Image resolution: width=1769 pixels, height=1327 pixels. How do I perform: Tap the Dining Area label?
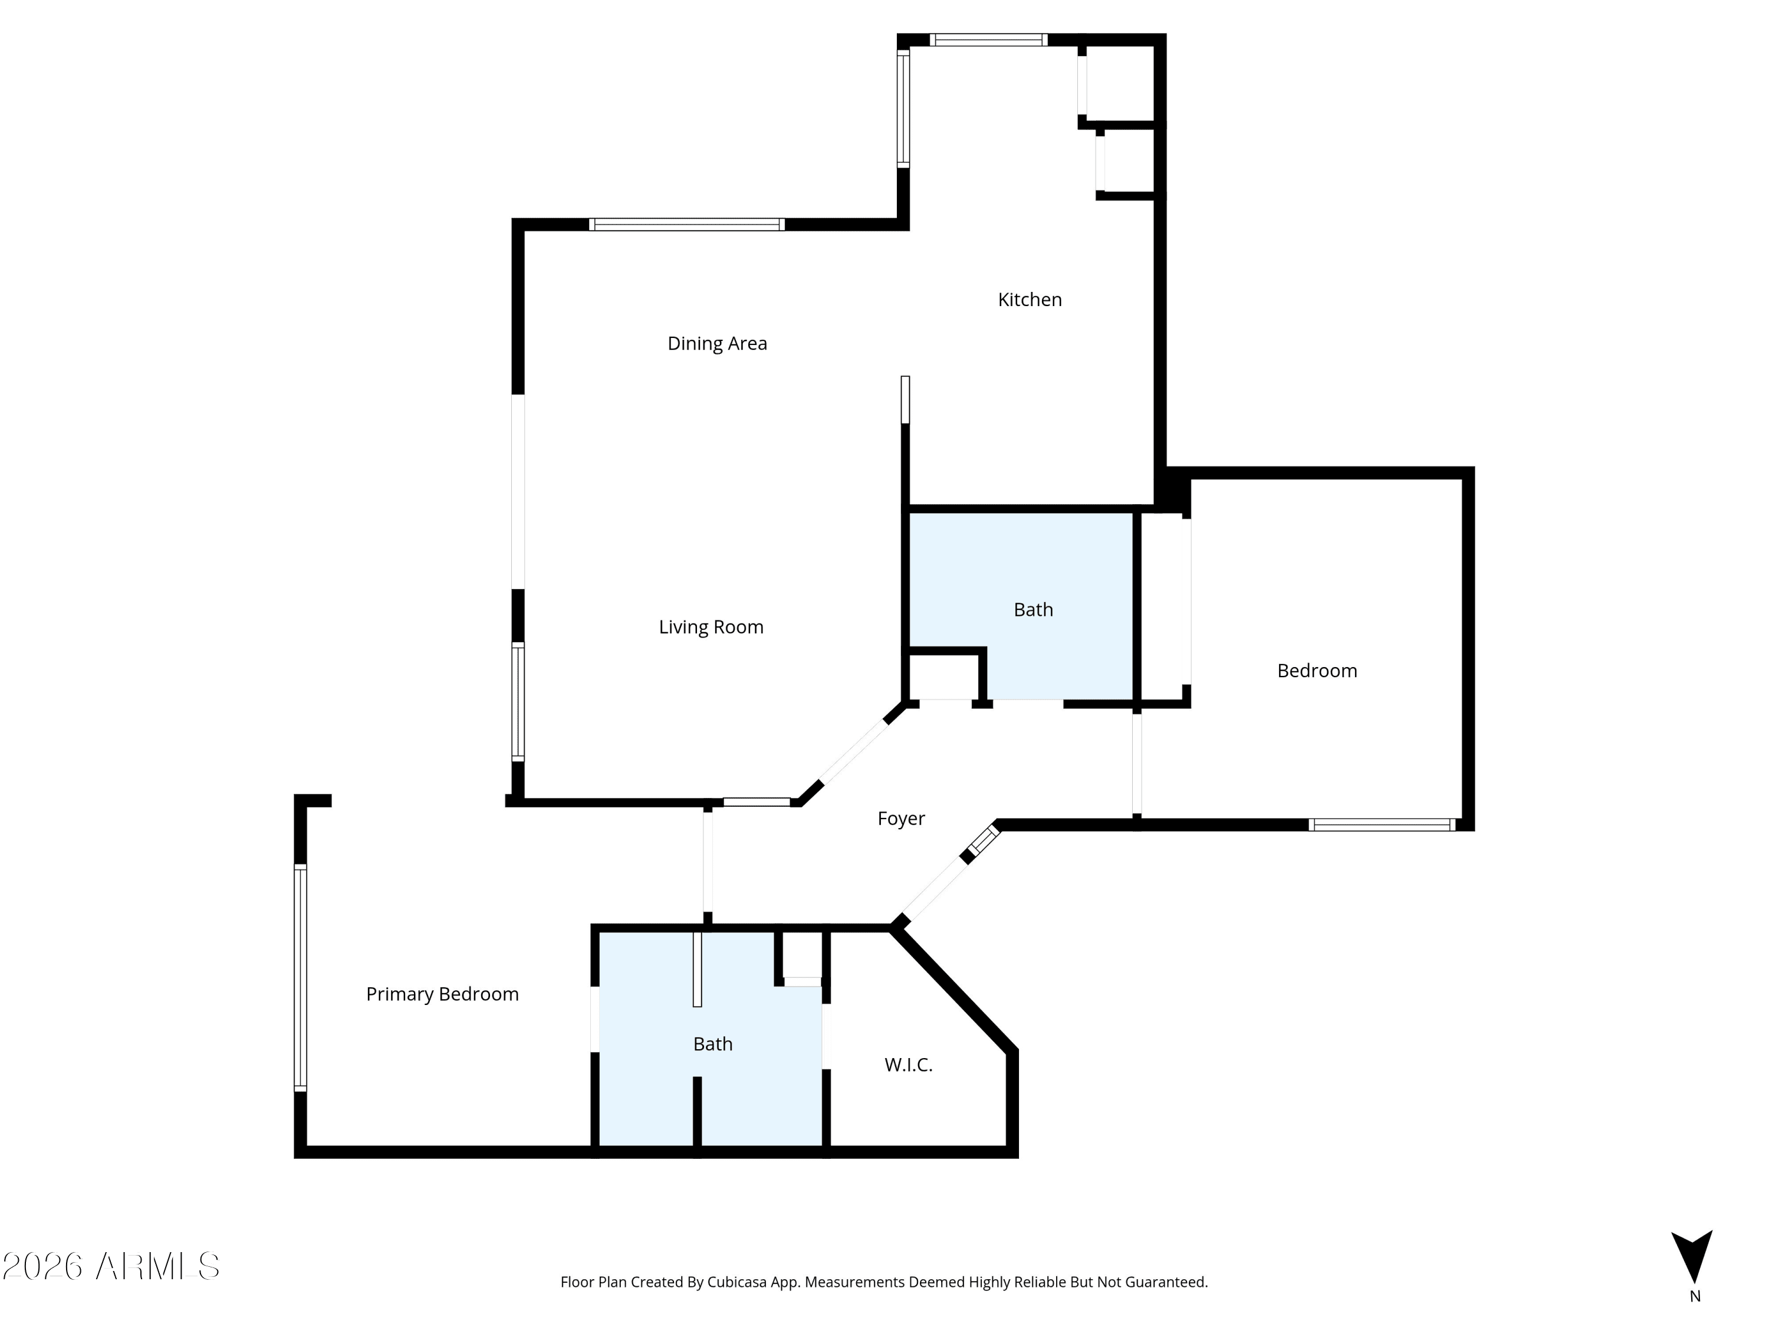[718, 343]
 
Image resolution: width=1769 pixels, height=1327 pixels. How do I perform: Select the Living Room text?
[711, 627]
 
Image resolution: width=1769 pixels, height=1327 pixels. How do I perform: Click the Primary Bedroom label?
[442, 994]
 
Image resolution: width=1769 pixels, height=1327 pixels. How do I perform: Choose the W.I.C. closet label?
[909, 1065]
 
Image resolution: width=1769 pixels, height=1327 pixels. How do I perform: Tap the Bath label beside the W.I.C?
[712, 1044]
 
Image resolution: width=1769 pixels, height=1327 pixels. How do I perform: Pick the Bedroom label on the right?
[1317, 671]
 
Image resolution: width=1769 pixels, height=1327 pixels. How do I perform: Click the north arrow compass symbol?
[1691, 1257]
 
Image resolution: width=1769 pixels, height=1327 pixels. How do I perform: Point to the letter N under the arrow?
[1695, 1296]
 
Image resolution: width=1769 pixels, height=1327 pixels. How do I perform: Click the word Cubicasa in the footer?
[736, 1282]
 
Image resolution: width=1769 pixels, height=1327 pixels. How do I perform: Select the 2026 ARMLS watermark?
[111, 1266]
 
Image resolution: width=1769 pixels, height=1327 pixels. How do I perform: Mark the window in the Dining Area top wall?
[687, 225]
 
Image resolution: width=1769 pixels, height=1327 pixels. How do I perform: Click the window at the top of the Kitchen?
[988, 40]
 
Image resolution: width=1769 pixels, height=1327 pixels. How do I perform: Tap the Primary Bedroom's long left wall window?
[301, 977]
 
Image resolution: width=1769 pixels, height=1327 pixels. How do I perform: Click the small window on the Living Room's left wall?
[518, 701]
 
